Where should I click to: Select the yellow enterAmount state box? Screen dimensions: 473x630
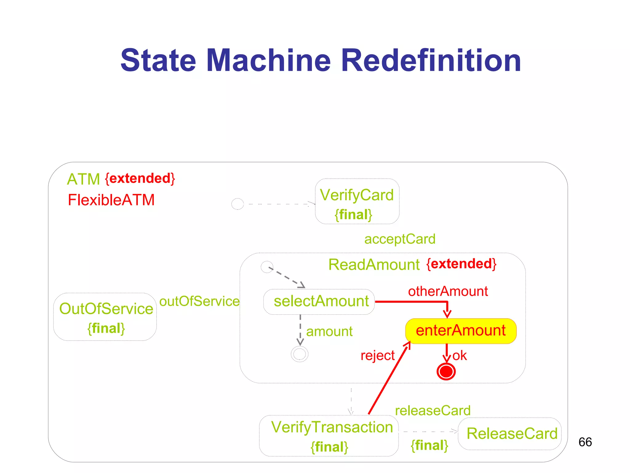(x=461, y=331)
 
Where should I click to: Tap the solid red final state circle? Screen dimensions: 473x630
(x=446, y=372)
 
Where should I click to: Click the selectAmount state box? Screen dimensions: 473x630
(x=319, y=301)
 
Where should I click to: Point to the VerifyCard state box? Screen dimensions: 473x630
(x=357, y=201)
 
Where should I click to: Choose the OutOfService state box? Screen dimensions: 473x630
(x=105, y=317)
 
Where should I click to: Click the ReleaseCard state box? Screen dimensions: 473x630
(x=510, y=434)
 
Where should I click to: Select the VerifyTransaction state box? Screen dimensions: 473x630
(x=329, y=435)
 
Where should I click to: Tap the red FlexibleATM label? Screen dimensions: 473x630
(x=111, y=200)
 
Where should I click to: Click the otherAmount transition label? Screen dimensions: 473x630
(x=448, y=291)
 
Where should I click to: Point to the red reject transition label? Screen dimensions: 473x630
(x=377, y=356)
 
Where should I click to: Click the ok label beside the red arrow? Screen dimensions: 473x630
(x=460, y=356)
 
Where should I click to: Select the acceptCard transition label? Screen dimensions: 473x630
(x=400, y=239)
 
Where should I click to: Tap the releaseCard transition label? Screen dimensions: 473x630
(x=433, y=410)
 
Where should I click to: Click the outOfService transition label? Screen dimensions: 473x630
(x=199, y=301)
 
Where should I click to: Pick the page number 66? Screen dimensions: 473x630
(x=585, y=442)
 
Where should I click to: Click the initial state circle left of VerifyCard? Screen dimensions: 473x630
(x=237, y=204)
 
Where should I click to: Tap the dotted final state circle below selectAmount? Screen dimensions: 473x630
(x=299, y=354)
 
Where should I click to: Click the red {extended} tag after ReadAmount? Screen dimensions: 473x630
(x=461, y=264)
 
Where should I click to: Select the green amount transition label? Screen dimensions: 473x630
(x=329, y=332)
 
